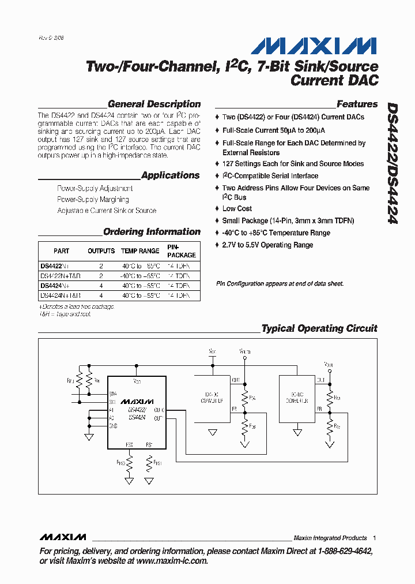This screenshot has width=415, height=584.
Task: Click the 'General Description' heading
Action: pos(154,104)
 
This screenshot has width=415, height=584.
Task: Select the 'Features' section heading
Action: pos(357,104)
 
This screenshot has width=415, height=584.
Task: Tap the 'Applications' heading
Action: pos(170,175)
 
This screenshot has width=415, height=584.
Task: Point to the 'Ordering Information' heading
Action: pos(152,232)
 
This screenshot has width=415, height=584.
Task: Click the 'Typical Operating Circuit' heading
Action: pos(319,328)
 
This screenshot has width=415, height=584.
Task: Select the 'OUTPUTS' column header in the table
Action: pos(101,251)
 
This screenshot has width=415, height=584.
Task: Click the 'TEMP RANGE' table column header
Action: pos(141,251)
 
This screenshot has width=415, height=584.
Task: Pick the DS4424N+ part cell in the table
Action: pos(55,286)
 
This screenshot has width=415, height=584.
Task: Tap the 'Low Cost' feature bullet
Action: pos(237,209)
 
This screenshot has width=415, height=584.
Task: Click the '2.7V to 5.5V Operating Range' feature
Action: pos(267,245)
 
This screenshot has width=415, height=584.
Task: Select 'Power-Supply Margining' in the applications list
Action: pos(93,200)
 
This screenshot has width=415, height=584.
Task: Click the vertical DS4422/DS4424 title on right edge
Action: pos(391,163)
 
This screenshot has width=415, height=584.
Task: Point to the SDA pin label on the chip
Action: pos(112,393)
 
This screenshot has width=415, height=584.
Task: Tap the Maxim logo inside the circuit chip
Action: pos(137,401)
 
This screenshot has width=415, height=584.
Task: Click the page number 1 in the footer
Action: pos(374,538)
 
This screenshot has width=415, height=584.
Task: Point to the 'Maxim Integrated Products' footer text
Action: pos(330,538)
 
